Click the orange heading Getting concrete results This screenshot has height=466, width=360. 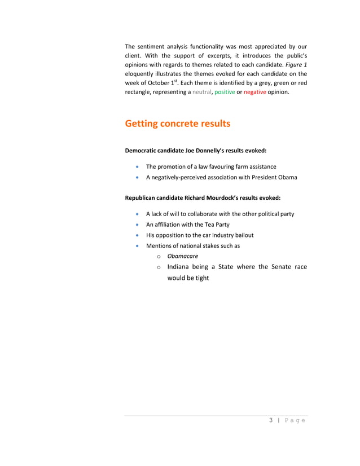(177, 124)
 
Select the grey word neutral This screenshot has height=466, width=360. (202, 92)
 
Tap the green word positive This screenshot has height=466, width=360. (225, 92)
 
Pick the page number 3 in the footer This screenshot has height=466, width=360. (271, 420)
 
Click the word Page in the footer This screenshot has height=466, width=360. (295, 420)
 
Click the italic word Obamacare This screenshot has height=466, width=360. (182, 256)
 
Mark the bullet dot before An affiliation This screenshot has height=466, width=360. (138, 225)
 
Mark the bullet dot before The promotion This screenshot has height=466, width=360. (138, 167)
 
